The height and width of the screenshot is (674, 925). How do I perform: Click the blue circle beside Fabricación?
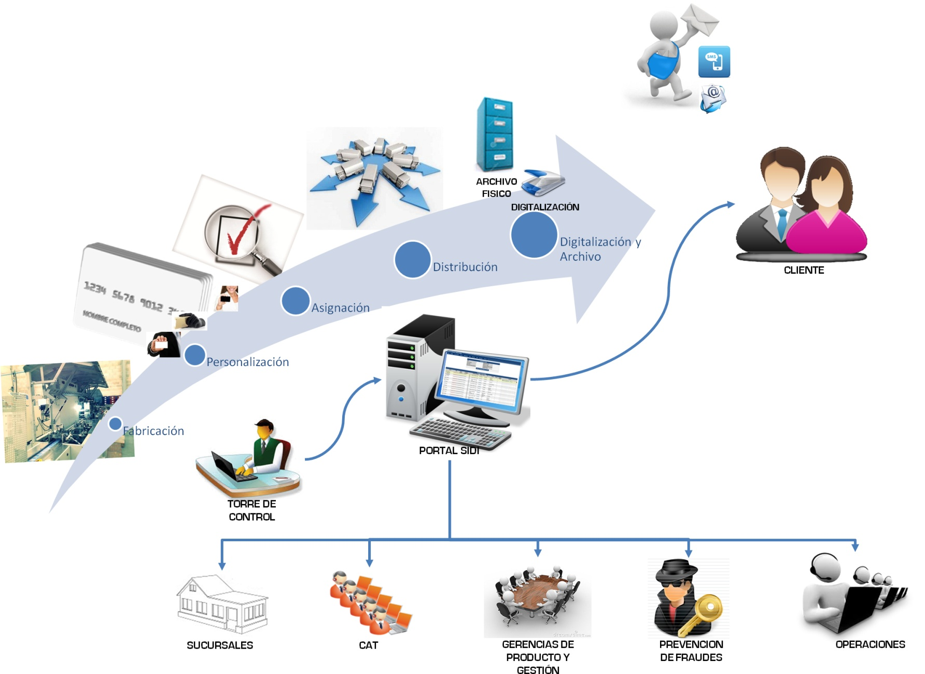tap(115, 424)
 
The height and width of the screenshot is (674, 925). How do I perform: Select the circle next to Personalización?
tap(194, 355)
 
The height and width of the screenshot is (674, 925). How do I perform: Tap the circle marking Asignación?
tap(295, 301)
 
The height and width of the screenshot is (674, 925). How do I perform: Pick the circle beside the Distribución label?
tap(412, 259)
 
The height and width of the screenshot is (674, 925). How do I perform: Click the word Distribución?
tap(465, 267)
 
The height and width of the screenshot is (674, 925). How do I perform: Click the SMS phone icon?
tap(714, 62)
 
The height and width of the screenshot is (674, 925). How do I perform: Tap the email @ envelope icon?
tap(713, 98)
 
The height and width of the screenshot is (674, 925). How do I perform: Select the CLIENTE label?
tap(804, 270)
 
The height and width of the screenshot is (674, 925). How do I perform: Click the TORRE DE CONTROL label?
tap(252, 510)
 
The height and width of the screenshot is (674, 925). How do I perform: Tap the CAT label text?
tap(368, 645)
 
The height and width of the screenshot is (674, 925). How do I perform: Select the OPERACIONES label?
tap(870, 644)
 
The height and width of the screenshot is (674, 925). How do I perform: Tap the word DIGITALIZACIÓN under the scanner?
tap(545, 207)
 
